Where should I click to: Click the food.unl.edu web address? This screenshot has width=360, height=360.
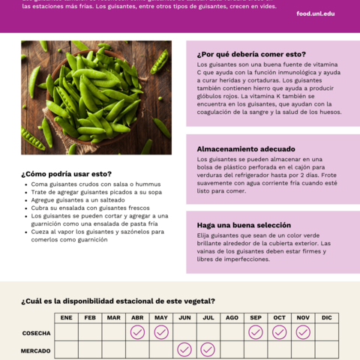pos(316,13)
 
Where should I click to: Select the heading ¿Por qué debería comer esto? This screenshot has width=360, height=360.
pos(251,54)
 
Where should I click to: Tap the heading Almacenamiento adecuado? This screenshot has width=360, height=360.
pos(246,148)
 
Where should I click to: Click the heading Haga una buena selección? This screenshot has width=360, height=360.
pos(244,225)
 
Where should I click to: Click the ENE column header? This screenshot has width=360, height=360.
pos(66,318)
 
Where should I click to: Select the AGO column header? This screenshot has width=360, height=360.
pos(232,318)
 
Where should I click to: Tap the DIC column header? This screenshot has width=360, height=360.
pos(326,318)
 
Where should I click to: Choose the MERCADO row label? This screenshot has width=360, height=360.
pos(36,350)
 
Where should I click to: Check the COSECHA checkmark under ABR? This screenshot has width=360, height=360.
pos(137,332)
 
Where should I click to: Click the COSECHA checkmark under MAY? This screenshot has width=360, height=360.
pos(161,332)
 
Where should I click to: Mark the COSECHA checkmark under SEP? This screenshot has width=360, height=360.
pos(256,332)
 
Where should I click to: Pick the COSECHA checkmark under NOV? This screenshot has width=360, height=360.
pos(303,332)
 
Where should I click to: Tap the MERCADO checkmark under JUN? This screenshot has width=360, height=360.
pos(184,349)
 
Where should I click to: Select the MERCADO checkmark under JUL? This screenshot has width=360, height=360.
pos(208,349)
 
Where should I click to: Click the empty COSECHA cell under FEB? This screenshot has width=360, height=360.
pos(90,332)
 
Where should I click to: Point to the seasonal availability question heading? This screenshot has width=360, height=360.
pos(118,301)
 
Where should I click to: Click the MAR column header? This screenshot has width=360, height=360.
pos(114,318)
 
